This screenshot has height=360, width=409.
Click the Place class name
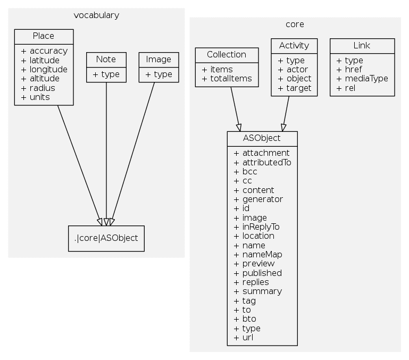tap(44, 36)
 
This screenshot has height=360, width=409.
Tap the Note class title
tap(106, 59)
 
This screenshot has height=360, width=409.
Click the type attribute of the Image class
tap(158, 74)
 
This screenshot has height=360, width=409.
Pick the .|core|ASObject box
tap(106, 238)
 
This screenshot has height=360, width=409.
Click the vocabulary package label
tap(96, 15)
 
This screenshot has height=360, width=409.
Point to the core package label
tap(295, 24)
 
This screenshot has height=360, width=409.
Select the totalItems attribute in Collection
tap(227, 79)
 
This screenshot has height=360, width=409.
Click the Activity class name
tap(294, 45)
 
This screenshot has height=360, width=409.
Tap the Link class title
tap(362, 45)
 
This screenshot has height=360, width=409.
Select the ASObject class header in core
tap(262, 138)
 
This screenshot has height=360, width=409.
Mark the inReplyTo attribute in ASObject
tap(256, 227)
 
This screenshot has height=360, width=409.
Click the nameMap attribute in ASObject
tap(258, 254)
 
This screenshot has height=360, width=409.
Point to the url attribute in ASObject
tap(241, 338)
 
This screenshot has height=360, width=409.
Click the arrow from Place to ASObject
tap(79, 165)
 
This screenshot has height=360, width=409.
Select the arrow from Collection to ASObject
tap(235, 109)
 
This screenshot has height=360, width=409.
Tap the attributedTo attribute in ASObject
tap(262, 162)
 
